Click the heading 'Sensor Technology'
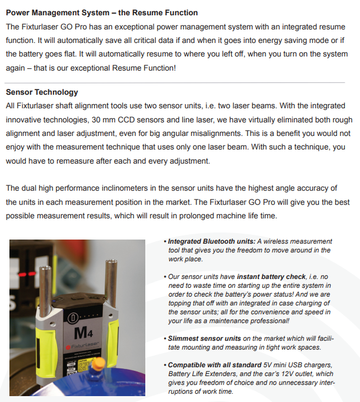[x=42, y=92]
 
